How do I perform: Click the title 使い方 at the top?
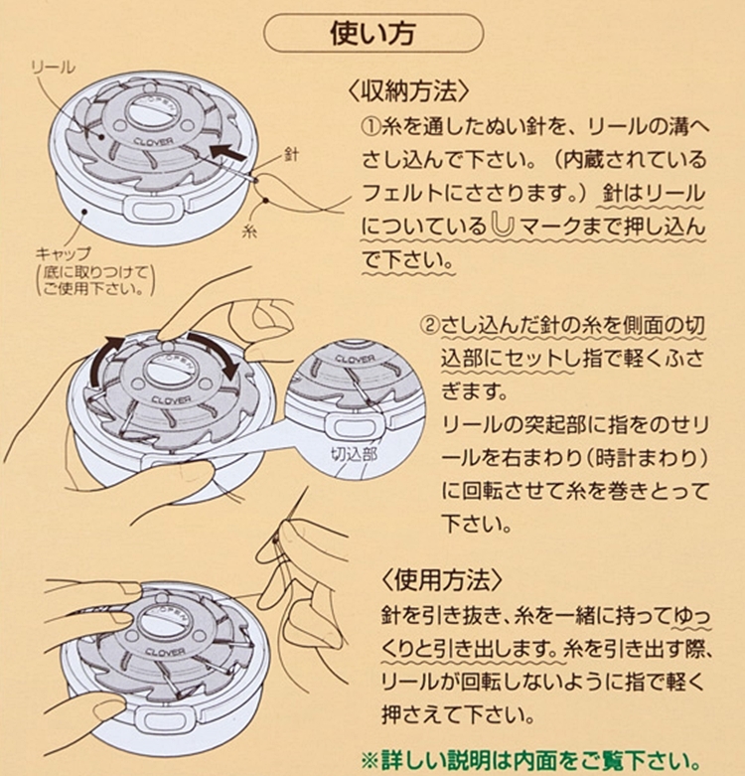pos(372,34)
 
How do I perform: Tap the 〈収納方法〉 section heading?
pos(408,91)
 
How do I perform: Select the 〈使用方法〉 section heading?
pos(442,579)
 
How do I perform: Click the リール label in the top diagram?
pos(53,68)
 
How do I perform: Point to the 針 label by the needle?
pos(291,155)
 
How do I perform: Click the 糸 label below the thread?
pos(249,231)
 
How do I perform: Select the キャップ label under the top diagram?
pos(64,254)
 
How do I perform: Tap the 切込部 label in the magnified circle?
pos(355,454)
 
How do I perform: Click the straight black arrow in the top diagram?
pos(227,151)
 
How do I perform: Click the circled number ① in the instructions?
pos(371,128)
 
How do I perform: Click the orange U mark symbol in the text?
pos(503,226)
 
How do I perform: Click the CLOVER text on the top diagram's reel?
pos(153,141)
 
